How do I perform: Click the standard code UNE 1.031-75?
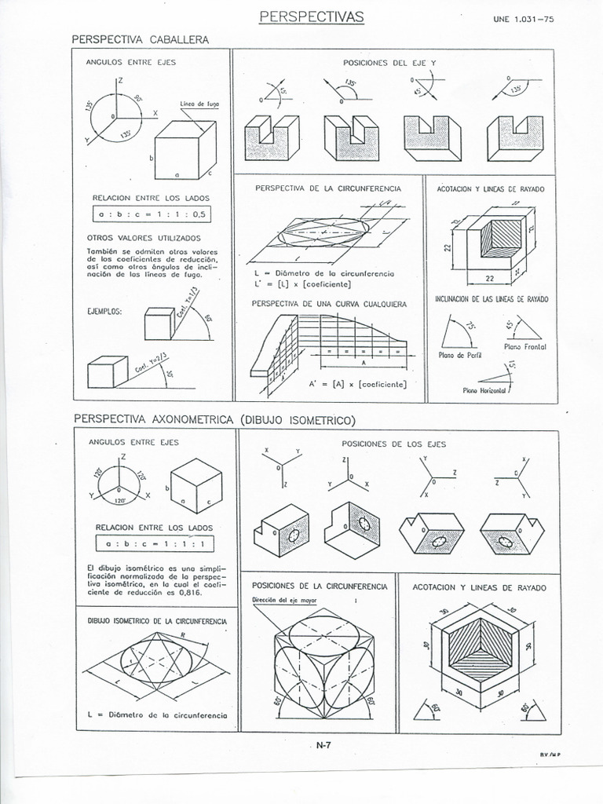click(523, 22)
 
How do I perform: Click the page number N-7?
click(322, 746)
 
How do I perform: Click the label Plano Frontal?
click(525, 346)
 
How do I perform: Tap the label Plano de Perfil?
click(460, 355)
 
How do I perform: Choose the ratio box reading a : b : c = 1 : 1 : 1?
click(154, 543)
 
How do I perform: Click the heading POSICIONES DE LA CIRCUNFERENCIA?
click(319, 586)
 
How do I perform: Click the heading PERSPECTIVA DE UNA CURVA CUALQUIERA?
click(329, 303)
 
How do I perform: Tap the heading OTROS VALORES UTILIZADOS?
click(144, 237)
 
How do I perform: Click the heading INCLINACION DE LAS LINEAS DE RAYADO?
click(492, 299)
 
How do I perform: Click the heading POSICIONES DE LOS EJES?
click(393, 444)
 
